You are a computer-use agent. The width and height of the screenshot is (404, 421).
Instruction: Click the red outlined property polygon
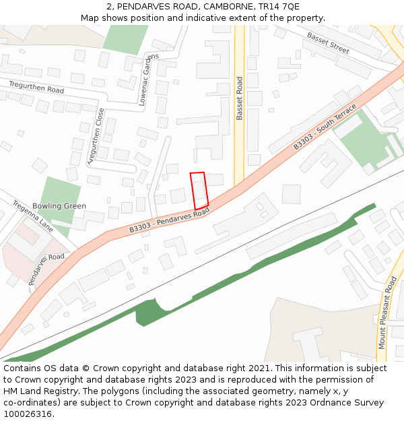[199, 190]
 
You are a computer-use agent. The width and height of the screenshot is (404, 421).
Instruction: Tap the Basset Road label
[239, 98]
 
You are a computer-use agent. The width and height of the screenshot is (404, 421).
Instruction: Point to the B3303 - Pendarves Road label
[170, 222]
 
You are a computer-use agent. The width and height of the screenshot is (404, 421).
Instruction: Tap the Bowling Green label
[59, 206]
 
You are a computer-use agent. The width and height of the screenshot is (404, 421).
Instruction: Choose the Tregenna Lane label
[32, 215]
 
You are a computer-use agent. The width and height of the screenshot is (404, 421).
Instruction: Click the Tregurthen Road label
[36, 87]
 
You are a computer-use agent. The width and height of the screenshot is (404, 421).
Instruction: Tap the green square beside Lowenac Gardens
[125, 39]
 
